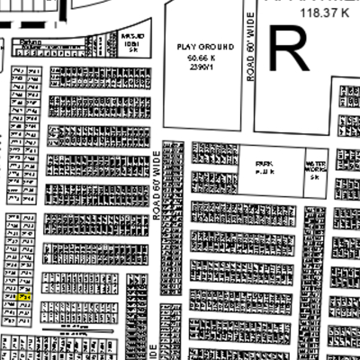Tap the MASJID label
point(133,36)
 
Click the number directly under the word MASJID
point(133,43)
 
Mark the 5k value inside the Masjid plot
point(133,50)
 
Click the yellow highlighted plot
point(22,295)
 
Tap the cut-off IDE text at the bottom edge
point(154,350)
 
